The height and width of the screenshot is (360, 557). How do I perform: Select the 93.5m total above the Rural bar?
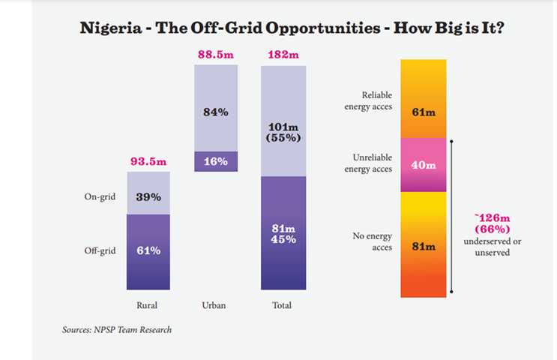[148, 161]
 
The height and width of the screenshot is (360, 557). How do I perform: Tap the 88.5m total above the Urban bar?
[215, 54]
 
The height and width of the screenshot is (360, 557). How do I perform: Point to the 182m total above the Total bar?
[283, 54]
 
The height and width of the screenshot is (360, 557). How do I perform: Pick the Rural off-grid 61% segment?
[148, 251]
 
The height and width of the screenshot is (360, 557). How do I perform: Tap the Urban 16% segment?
[216, 162]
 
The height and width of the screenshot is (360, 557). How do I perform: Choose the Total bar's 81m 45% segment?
[283, 232]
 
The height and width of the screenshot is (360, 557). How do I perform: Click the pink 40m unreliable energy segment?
[424, 164]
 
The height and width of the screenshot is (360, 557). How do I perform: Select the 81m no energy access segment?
[424, 244]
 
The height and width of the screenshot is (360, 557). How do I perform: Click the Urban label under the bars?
[215, 305]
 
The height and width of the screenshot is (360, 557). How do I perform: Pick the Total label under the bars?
[283, 305]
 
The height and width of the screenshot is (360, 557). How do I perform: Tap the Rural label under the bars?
[148, 305]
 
